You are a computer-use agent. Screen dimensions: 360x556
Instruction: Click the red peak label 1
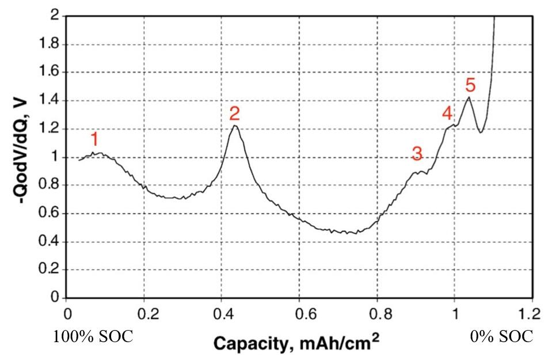pyautogui.click(x=96, y=139)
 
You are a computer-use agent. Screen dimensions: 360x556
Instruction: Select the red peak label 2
pyautogui.click(x=234, y=113)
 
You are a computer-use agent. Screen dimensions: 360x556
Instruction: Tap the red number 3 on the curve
pyautogui.click(x=417, y=154)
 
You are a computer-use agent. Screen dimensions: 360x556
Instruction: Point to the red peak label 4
pyautogui.click(x=448, y=113)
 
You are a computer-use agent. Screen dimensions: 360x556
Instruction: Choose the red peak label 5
pyautogui.click(x=470, y=85)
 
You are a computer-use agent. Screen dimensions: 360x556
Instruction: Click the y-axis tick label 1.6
pyautogui.click(x=51, y=73)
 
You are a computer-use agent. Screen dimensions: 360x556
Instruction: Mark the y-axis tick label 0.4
pyautogui.click(x=51, y=242)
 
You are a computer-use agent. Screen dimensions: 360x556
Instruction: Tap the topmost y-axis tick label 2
pyautogui.click(x=55, y=16)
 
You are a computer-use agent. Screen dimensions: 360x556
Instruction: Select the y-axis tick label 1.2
pyautogui.click(x=51, y=129)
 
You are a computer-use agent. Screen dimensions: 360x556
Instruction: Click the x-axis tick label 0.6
pyautogui.click(x=299, y=314)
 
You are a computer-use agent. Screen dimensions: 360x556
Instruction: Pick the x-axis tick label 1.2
pyautogui.click(x=532, y=314)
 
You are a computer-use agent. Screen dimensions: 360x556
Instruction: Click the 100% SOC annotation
pyautogui.click(x=93, y=337)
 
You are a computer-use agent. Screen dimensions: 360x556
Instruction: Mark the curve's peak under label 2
pyautogui.click(x=235, y=126)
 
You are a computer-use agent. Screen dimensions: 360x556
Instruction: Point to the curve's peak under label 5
pyautogui.click(x=470, y=97)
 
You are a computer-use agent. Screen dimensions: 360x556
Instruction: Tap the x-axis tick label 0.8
pyautogui.click(x=376, y=314)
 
